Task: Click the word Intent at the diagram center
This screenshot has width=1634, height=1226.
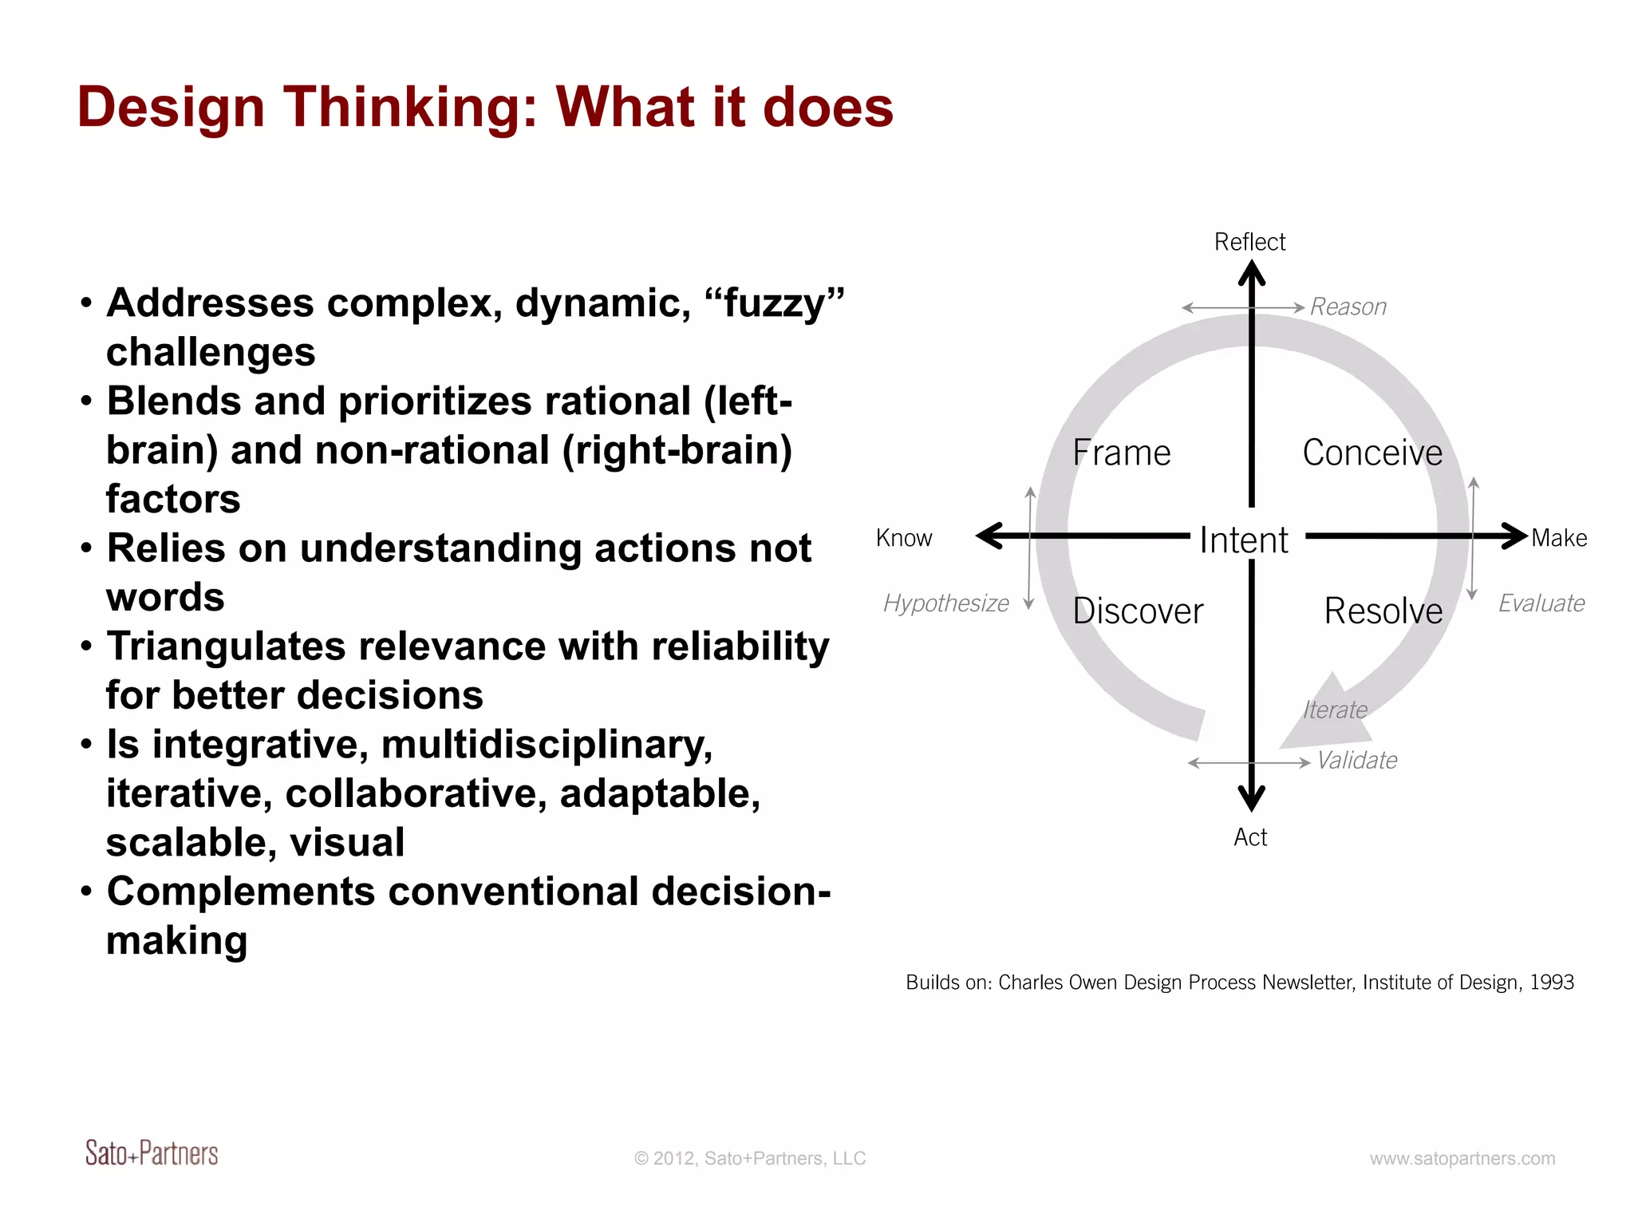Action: pyautogui.click(x=1244, y=540)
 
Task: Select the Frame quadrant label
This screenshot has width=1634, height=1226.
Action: pyautogui.click(x=1121, y=453)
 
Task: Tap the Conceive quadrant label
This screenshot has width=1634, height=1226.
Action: pyautogui.click(x=1372, y=453)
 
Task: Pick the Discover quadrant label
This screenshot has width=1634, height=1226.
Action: pyautogui.click(x=1138, y=611)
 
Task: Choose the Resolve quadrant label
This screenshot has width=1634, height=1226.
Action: pyautogui.click(x=1383, y=611)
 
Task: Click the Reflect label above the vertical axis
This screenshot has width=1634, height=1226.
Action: pyautogui.click(x=1249, y=242)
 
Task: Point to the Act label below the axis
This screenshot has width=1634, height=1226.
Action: pyautogui.click(x=1250, y=837)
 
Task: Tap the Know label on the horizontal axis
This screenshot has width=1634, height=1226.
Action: pyautogui.click(x=904, y=538)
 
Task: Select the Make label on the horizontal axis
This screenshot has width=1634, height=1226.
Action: pyautogui.click(x=1559, y=538)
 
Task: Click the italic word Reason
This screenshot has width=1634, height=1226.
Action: pyautogui.click(x=1348, y=306)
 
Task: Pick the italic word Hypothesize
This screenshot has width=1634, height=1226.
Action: pyautogui.click(x=946, y=603)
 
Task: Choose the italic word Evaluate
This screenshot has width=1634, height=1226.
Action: pyautogui.click(x=1541, y=603)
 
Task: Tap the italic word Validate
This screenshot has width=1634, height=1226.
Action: pyautogui.click(x=1357, y=761)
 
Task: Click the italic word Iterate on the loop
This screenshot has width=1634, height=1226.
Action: pyautogui.click(x=1335, y=710)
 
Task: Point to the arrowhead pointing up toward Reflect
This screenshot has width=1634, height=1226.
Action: pyautogui.click(x=1252, y=274)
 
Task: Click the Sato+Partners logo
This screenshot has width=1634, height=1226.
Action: pyautogui.click(x=152, y=1153)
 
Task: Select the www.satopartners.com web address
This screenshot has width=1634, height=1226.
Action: pyautogui.click(x=1462, y=1158)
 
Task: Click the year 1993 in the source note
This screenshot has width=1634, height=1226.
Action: pyautogui.click(x=1552, y=982)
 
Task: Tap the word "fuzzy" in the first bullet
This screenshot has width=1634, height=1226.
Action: pyautogui.click(x=774, y=303)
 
